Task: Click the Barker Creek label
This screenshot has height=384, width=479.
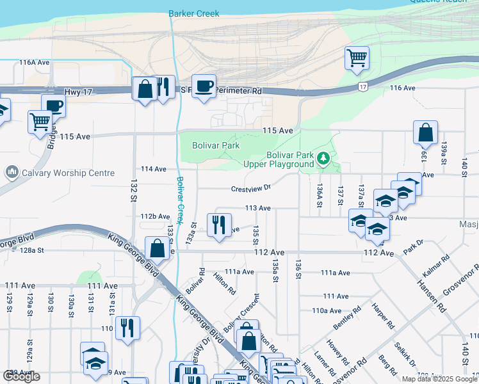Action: coord(193,13)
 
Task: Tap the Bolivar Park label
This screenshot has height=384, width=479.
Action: coord(216,145)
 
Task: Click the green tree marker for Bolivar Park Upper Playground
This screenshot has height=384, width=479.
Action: coord(324,157)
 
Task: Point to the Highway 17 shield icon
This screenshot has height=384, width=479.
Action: coord(363,86)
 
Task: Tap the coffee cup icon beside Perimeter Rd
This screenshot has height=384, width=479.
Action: coord(204,86)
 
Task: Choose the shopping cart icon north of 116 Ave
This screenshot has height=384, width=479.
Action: coord(357,58)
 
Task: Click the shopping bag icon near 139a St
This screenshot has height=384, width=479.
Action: coord(425,133)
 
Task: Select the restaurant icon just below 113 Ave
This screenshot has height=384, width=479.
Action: coord(219,225)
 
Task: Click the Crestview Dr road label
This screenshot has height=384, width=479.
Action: coord(251,188)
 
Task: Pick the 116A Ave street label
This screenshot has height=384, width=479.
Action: coord(35,63)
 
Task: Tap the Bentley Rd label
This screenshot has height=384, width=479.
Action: coord(343,318)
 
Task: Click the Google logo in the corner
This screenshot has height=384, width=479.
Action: coord(21,376)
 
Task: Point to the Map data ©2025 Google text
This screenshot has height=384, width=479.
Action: coord(439,379)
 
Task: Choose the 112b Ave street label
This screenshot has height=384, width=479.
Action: coord(155,216)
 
